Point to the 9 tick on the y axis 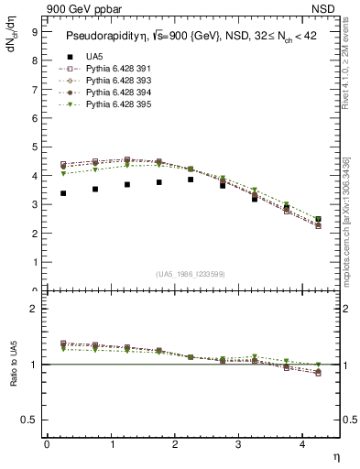pyautogui.click(x=34, y=31)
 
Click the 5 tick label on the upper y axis pyautogui.click(x=34, y=147)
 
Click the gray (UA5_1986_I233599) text pyautogui.click(x=191, y=274)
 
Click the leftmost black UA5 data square pyautogui.click(x=62, y=193)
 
